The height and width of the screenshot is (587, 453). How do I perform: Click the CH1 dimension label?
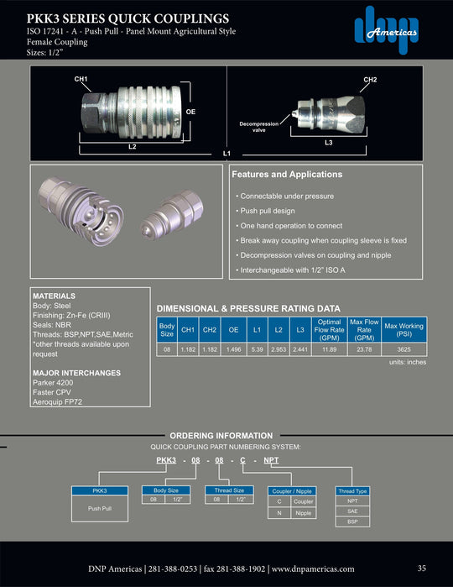click(81, 79)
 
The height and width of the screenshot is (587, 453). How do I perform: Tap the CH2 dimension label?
click(369, 79)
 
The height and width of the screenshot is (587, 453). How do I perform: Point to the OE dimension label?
click(190, 110)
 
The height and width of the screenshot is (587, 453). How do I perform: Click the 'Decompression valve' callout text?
click(259, 128)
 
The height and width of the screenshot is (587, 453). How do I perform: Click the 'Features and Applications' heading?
click(286, 175)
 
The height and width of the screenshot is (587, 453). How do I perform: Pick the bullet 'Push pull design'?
click(268, 211)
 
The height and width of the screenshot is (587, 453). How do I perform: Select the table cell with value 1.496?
click(234, 349)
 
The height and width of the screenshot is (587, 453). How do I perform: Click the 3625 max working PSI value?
click(404, 349)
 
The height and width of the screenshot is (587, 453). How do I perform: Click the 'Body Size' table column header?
click(167, 328)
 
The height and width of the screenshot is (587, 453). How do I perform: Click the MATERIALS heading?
click(53, 296)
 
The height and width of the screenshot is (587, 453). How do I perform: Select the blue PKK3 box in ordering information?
click(99, 490)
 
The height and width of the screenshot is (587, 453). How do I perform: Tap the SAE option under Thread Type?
click(352, 511)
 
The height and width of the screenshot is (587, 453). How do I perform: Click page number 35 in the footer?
click(421, 569)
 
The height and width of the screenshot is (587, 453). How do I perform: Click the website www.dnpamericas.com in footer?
click(312, 569)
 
